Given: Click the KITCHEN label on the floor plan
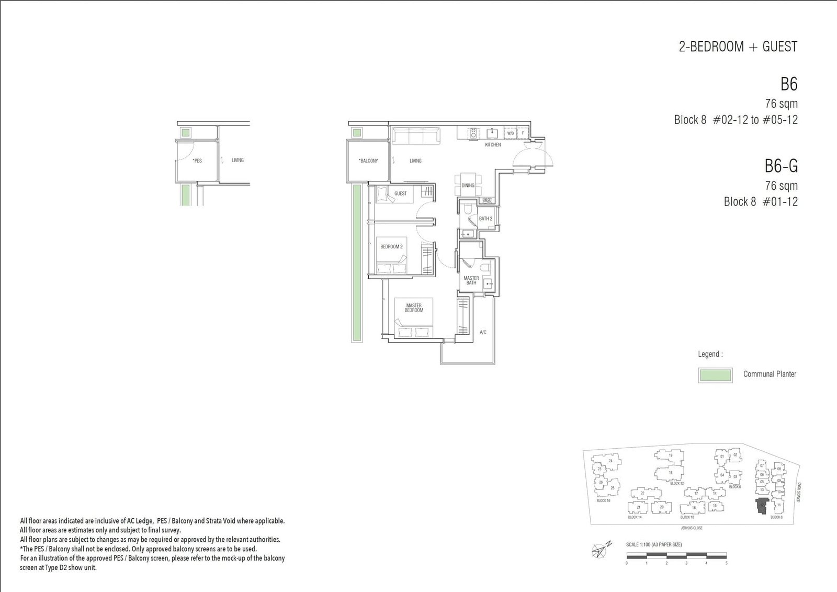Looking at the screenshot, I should (x=493, y=145).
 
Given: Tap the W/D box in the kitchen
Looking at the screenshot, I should (x=511, y=133).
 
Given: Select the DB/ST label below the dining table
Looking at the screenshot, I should (x=487, y=200).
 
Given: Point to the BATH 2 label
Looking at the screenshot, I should (x=485, y=219).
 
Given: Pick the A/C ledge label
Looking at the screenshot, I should (x=483, y=333).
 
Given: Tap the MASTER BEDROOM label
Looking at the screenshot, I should (x=414, y=308).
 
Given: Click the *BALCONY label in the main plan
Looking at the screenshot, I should (x=368, y=161).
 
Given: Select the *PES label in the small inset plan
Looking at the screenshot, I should (x=197, y=161).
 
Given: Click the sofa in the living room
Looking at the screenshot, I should (x=416, y=136).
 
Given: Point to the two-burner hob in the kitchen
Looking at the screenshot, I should (x=473, y=133).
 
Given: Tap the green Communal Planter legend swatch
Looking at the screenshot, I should (x=715, y=375).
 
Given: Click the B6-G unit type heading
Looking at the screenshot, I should (x=781, y=166).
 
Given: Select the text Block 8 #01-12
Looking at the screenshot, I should (x=761, y=202).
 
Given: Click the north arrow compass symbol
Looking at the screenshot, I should (x=600, y=550).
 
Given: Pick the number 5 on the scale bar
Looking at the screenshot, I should (x=726, y=563).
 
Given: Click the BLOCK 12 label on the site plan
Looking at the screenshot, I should (x=677, y=484).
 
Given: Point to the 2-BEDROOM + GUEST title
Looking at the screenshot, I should (x=738, y=47).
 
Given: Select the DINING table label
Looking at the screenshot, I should (x=468, y=186).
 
